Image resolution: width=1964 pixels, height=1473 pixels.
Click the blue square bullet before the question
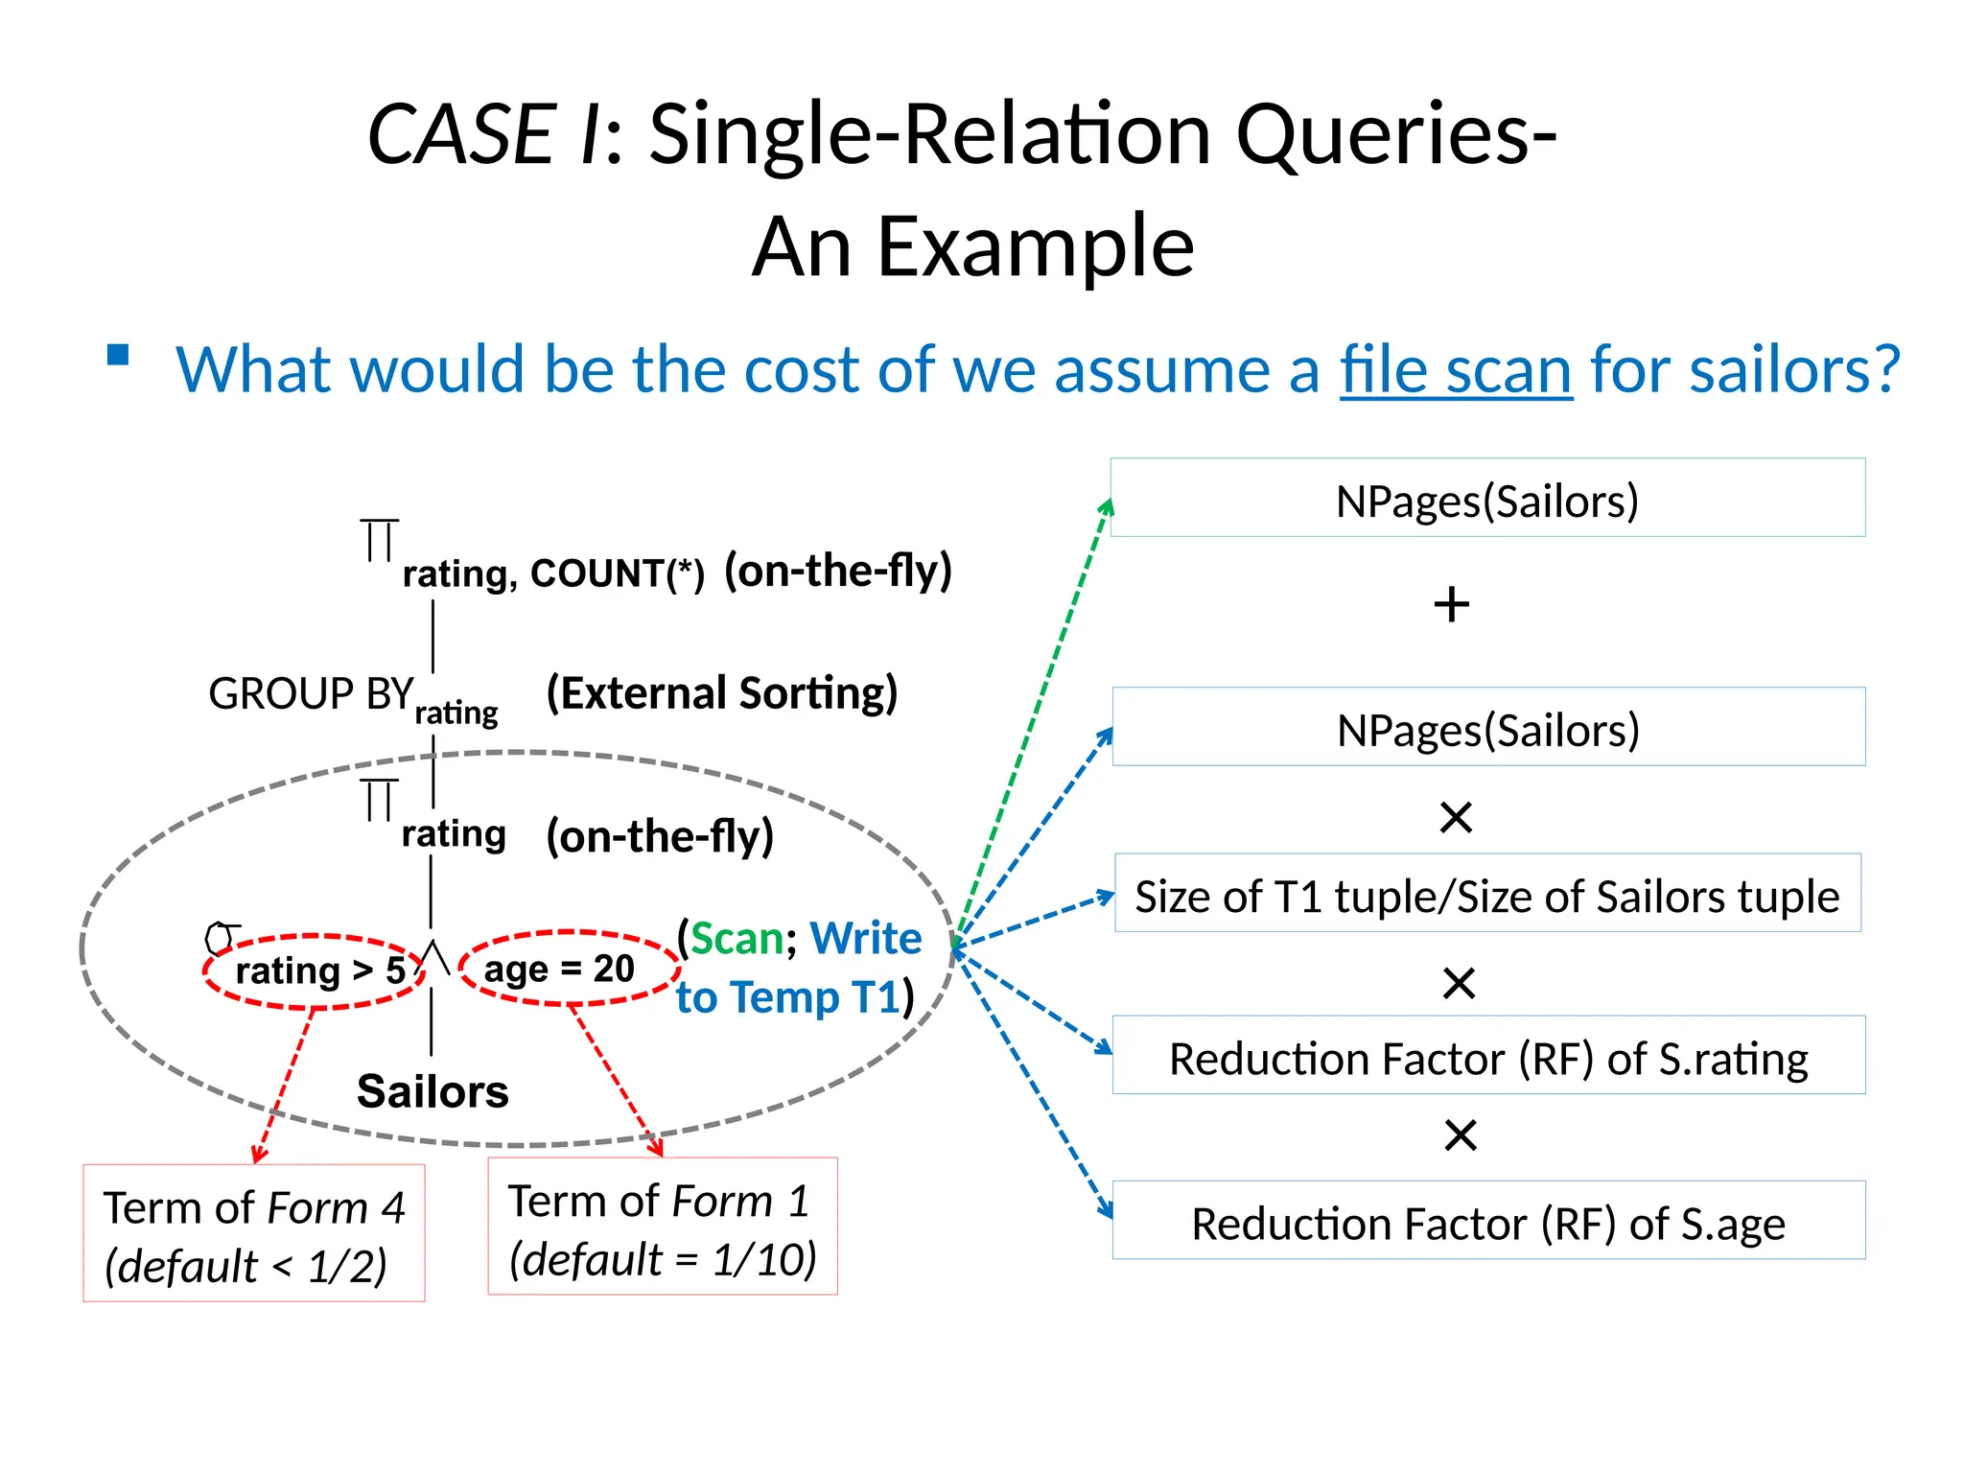point(118,356)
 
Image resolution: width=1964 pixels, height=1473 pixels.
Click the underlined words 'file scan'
point(1455,370)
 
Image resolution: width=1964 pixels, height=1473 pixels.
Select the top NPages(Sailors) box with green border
point(1487,498)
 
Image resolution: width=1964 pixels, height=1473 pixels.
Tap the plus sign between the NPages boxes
point(1452,605)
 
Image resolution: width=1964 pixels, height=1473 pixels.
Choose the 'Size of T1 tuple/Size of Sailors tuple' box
point(1487,894)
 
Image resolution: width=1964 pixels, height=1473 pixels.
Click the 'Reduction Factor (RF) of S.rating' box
point(1488,1056)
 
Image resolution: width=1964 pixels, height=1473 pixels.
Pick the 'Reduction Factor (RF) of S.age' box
point(1488,1221)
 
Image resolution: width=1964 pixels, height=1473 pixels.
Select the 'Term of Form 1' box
point(663,1227)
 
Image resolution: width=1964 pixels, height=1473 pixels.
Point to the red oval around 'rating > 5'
point(315,971)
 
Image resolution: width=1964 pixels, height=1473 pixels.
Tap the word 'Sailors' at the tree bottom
point(433,1091)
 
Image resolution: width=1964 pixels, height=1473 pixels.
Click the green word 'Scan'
point(736,939)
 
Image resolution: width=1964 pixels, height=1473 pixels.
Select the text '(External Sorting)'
point(721,693)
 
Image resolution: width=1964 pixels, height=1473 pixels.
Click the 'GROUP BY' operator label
point(311,693)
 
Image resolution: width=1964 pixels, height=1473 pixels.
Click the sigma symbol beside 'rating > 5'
point(221,937)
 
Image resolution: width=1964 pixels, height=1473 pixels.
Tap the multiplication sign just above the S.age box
point(1461,1135)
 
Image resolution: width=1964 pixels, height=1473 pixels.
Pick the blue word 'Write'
point(865,938)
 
